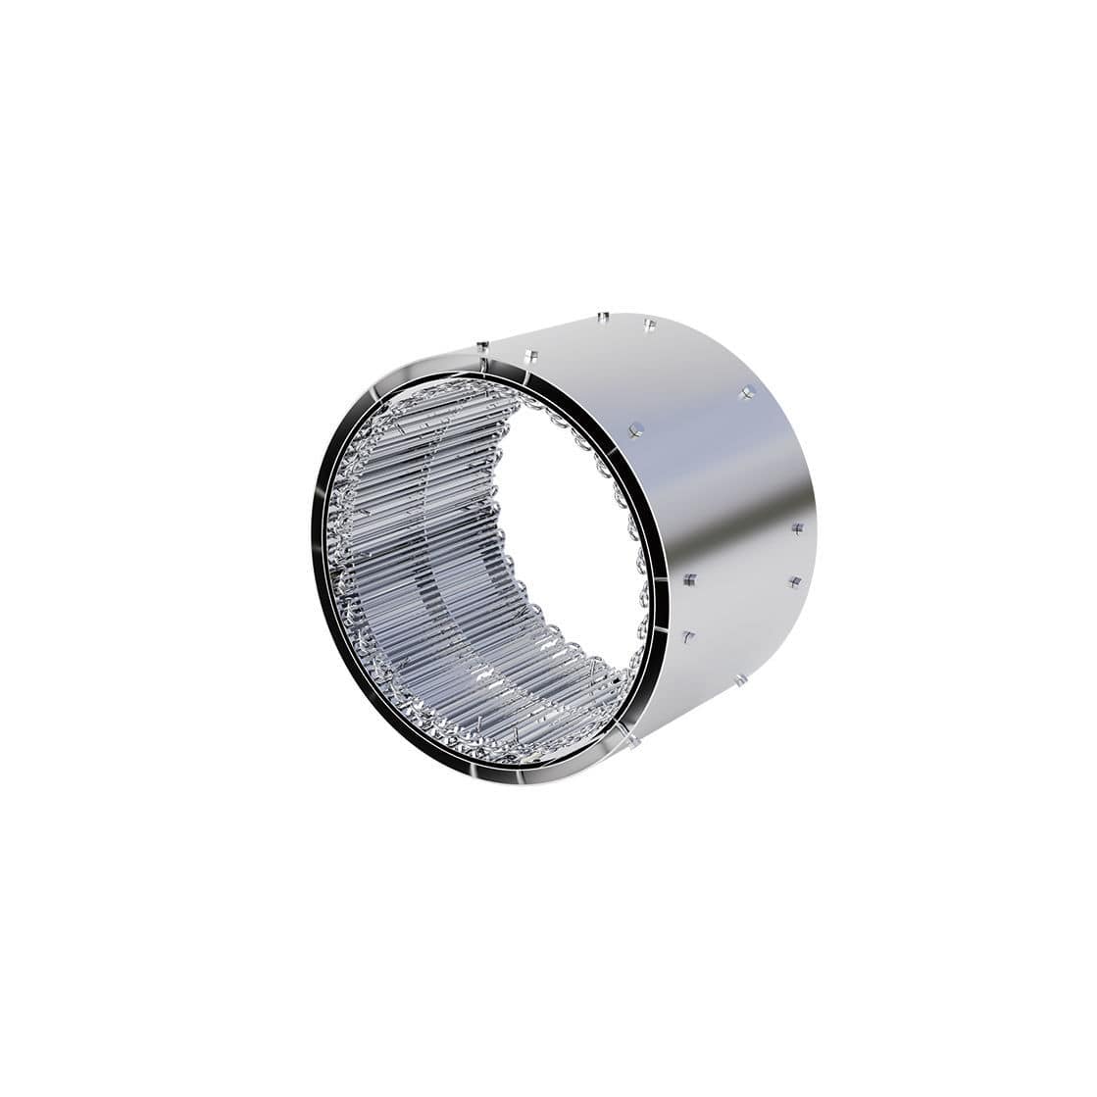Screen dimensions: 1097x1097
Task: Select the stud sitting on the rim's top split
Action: pos(481,345)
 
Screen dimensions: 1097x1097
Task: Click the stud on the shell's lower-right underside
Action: pos(742,680)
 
